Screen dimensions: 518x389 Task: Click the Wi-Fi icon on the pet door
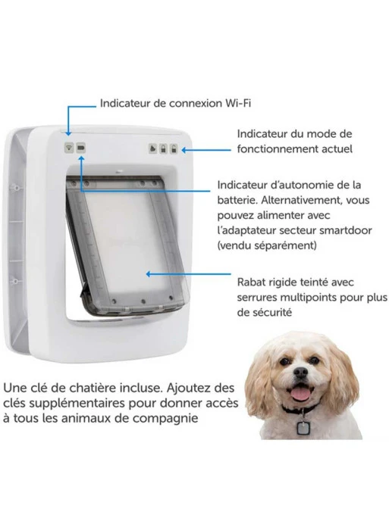(69, 148)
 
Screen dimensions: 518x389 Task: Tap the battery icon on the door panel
(81, 148)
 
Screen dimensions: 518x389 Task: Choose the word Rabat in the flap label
(254, 281)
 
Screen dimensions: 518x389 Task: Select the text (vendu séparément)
(265, 246)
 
